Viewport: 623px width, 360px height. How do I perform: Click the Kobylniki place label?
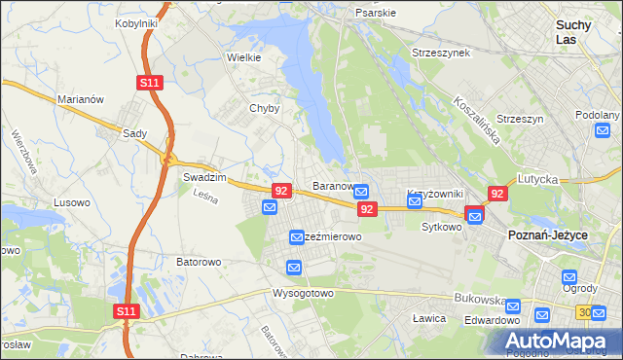click(136, 22)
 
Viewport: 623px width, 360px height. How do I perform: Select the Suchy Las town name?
click(577, 32)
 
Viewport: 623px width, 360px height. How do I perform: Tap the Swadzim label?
click(204, 178)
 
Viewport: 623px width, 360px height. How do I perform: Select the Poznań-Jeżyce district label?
click(547, 235)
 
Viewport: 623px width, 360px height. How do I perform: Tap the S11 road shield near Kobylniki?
click(149, 84)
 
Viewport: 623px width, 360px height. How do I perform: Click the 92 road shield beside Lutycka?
click(497, 194)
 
